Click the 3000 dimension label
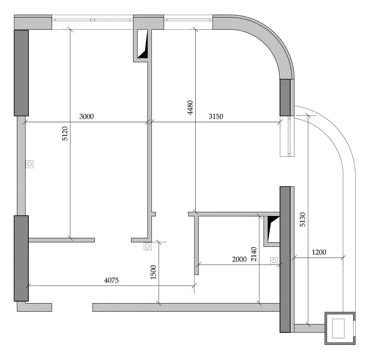click(x=86, y=116)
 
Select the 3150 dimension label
click(x=216, y=116)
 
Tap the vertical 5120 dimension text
click(x=65, y=133)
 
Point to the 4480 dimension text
click(x=190, y=107)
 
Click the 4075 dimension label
click(x=111, y=281)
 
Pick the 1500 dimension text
click(x=153, y=272)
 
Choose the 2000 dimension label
click(x=239, y=259)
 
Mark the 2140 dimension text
click(x=254, y=254)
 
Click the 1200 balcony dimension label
click(x=319, y=252)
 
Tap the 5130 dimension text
click(x=303, y=219)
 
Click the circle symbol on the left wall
click(x=30, y=164)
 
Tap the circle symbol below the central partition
click(x=148, y=246)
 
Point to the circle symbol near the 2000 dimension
click(x=274, y=261)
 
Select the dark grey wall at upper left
click(x=21, y=73)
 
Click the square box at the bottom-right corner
click(x=340, y=328)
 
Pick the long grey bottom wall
click(x=186, y=307)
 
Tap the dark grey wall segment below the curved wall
click(x=285, y=98)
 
